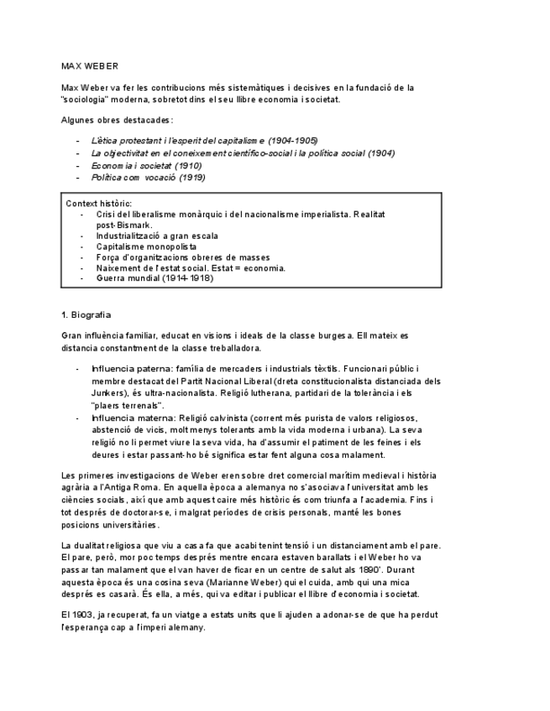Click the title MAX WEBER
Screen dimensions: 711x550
[89, 65]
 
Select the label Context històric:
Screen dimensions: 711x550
[98, 204]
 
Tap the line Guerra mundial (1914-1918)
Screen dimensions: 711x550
[155, 278]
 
